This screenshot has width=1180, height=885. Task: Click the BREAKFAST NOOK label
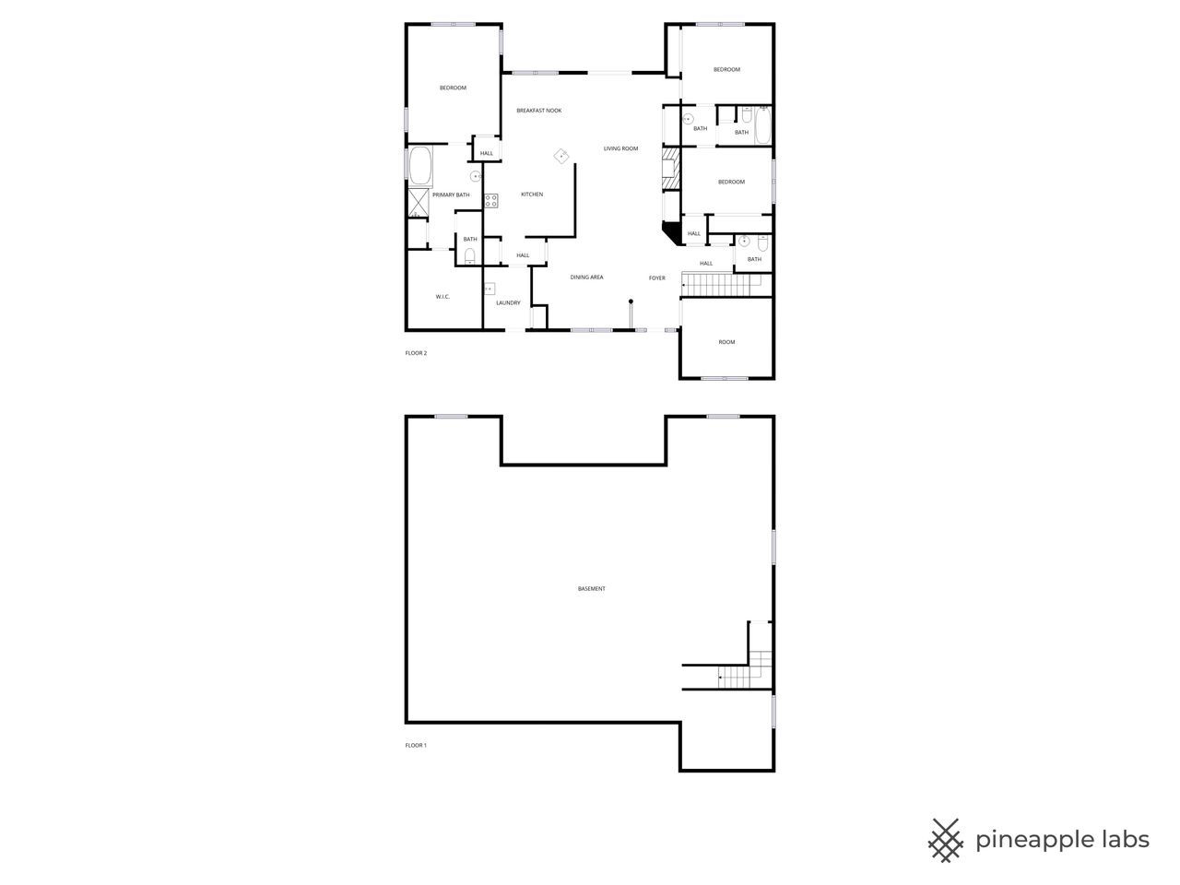coord(538,111)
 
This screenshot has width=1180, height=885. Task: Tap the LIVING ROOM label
coord(620,148)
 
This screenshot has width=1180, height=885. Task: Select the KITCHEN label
coord(532,195)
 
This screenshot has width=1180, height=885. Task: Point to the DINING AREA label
coord(586,277)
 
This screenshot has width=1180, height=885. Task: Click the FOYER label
coord(656,277)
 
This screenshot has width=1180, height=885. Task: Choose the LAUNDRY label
coord(508,302)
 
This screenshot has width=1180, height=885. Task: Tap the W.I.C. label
coord(442,296)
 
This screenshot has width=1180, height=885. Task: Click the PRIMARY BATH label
coord(451,195)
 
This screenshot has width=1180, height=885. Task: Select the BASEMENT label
coord(592,588)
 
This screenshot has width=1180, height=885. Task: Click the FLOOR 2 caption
coord(416,353)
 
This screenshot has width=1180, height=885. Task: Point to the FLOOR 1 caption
coord(416,745)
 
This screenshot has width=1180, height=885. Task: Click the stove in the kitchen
coord(491,199)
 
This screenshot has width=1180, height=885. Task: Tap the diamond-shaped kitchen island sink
coord(560,156)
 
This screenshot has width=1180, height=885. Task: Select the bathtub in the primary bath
coord(419,167)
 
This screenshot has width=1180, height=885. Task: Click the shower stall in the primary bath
coord(419,203)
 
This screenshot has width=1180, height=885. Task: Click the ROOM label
coord(726,342)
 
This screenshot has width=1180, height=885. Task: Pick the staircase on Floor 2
coord(725,285)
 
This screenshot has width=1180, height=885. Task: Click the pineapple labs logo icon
coord(945,840)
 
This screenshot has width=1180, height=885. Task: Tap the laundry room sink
coord(489,289)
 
